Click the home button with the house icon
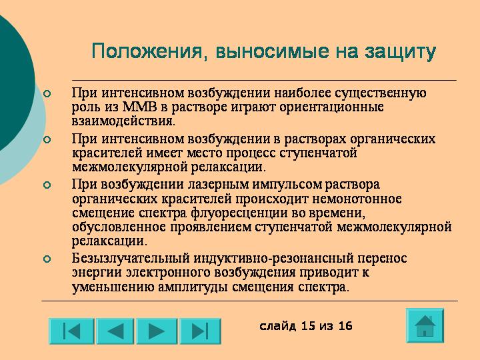point(425,325)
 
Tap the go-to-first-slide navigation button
point(71,331)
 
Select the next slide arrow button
point(157,331)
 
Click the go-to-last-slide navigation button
point(200,331)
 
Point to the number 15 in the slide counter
point(308,326)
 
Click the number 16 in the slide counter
point(345,326)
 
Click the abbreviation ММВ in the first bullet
point(139,107)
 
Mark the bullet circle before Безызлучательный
point(47,259)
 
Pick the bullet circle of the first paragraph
point(47,93)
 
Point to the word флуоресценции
point(239,213)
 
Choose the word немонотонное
point(357,199)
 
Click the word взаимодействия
point(124,121)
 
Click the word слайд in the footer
point(278,326)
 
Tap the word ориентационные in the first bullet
point(331,107)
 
